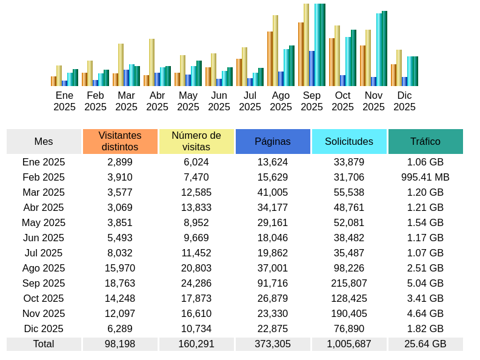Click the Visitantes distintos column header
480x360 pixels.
(x=120, y=141)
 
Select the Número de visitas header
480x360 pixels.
(x=196, y=141)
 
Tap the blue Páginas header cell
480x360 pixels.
(x=273, y=141)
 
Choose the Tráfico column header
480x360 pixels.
(x=425, y=141)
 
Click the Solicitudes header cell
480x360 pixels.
(x=349, y=141)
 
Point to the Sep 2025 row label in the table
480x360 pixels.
(x=44, y=283)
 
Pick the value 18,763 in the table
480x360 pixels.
(x=120, y=283)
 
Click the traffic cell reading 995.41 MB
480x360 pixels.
(x=425, y=177)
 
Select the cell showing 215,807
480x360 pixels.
(x=349, y=283)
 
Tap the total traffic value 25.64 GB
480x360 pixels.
(x=425, y=344)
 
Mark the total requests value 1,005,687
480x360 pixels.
(x=349, y=344)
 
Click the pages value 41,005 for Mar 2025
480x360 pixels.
(x=273, y=192)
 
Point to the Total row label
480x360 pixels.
(x=44, y=344)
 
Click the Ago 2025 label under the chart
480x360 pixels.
(x=281, y=101)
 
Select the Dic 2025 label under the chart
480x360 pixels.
(x=404, y=101)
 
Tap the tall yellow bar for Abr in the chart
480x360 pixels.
(x=152, y=62)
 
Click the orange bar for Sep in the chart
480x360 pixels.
(x=301, y=55)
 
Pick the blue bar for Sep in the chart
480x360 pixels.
(x=312, y=68)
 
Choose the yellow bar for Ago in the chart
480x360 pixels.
(x=275, y=50)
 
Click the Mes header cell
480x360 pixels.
(x=44, y=141)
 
